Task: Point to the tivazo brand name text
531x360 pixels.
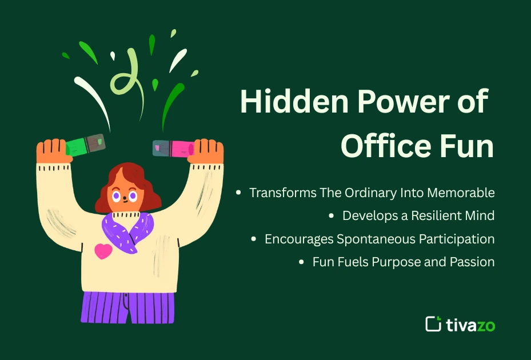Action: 470,325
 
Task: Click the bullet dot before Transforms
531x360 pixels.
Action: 239,193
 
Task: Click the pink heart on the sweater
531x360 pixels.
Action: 103,251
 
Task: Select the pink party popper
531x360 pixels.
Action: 174,147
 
